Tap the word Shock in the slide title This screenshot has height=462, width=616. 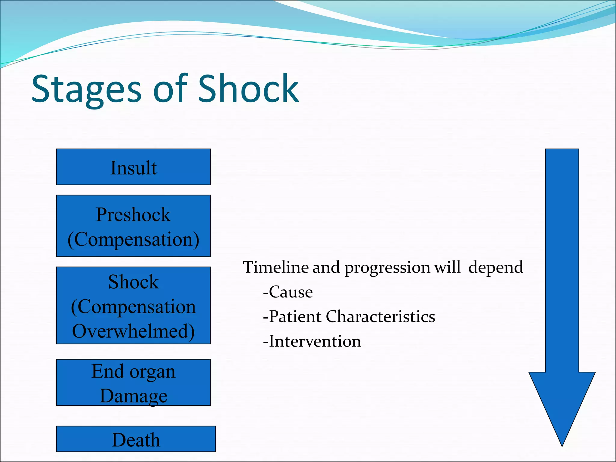(x=248, y=88)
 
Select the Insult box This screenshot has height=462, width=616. (x=133, y=167)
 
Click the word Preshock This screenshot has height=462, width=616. (x=133, y=215)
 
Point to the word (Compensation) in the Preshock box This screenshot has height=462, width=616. (x=133, y=240)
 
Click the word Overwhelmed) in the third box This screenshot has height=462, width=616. (x=133, y=331)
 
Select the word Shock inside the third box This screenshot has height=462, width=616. (x=133, y=282)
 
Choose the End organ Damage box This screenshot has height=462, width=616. (x=133, y=382)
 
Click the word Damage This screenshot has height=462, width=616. (x=133, y=396)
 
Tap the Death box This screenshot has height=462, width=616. (x=136, y=439)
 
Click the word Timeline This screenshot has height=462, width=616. (x=276, y=267)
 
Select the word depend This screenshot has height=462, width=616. (x=495, y=267)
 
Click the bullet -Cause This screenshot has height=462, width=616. (x=288, y=292)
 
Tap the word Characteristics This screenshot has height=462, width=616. (x=380, y=316)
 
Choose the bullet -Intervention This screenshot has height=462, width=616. (x=312, y=341)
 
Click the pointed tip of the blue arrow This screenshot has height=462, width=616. (x=562, y=445)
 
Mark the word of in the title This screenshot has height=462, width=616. (x=170, y=88)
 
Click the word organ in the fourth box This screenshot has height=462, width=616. (x=152, y=372)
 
